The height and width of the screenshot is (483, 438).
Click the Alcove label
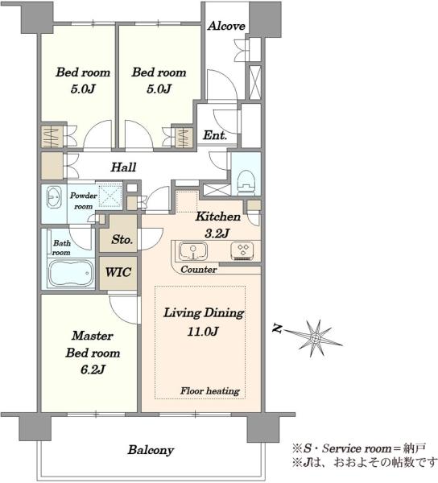(x=226, y=26)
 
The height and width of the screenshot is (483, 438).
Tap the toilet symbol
(x=246, y=182)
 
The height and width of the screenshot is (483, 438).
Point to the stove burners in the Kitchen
(x=242, y=250)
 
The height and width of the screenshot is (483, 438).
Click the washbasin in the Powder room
(x=54, y=197)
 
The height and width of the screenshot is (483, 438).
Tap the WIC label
(x=118, y=272)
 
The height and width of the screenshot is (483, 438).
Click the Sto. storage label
(x=122, y=239)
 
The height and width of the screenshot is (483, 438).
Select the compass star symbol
(x=316, y=338)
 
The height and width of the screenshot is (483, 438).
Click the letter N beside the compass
(x=278, y=328)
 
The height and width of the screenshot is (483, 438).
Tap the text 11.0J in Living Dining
(x=203, y=332)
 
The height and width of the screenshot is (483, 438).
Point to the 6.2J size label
(x=93, y=369)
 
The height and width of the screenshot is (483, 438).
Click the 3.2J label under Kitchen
(x=217, y=233)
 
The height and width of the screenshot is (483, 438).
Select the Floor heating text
(x=210, y=391)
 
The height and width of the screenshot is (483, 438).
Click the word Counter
(x=199, y=270)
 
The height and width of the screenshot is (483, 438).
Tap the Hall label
(x=123, y=167)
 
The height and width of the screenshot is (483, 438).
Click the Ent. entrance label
(x=215, y=135)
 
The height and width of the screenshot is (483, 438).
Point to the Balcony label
(x=151, y=450)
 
